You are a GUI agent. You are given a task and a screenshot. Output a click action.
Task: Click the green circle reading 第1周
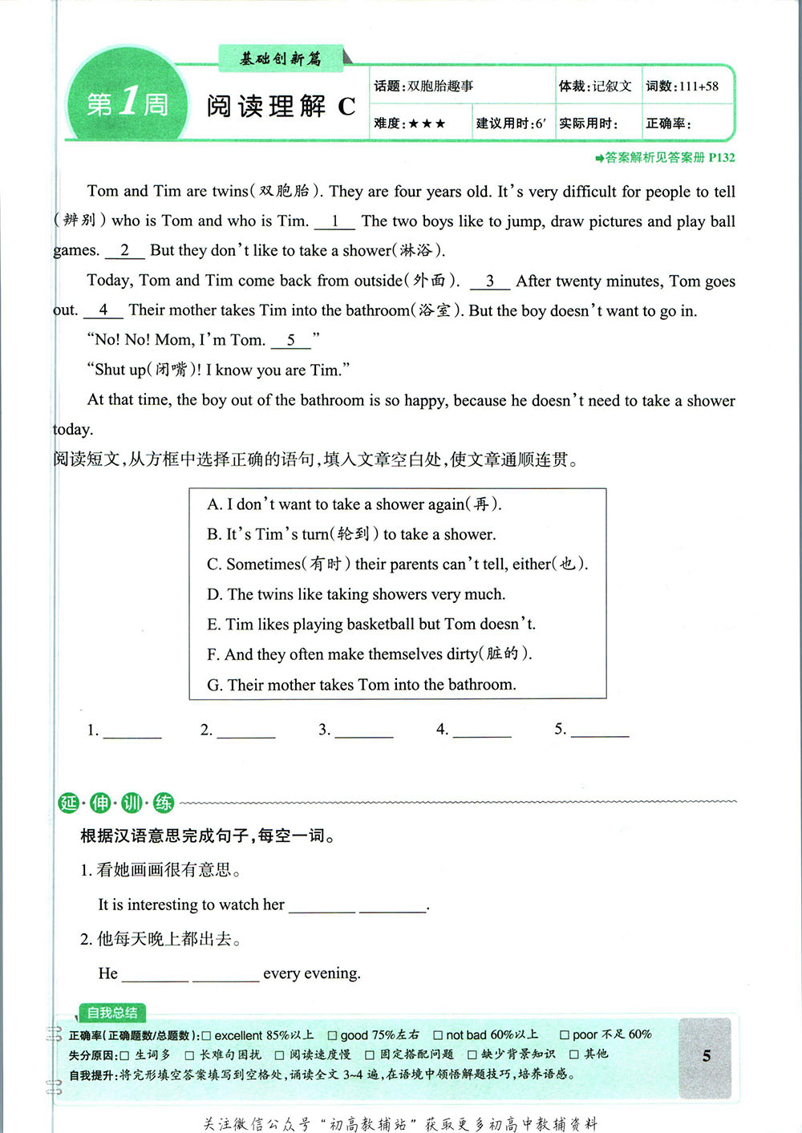[x=127, y=103]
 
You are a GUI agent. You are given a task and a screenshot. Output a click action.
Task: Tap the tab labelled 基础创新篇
[x=281, y=58]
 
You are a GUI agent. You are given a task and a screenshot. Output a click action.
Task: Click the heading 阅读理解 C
[x=280, y=107]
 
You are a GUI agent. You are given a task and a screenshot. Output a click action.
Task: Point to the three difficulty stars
[x=426, y=123]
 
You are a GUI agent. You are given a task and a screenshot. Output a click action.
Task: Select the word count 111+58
[x=699, y=87]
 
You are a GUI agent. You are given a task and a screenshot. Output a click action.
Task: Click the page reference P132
[x=721, y=158]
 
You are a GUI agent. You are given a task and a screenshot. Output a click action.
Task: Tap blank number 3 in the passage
[x=490, y=281]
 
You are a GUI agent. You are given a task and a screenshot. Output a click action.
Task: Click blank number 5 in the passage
[x=290, y=341]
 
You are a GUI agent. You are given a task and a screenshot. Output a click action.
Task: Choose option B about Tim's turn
[x=351, y=534]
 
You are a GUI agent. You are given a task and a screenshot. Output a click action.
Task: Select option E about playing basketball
[x=371, y=624]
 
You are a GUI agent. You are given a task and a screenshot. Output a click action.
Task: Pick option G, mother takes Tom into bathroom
[x=361, y=685]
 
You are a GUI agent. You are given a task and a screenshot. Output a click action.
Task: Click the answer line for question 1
[x=132, y=730]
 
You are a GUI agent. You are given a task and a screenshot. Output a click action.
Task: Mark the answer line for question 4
[x=481, y=730]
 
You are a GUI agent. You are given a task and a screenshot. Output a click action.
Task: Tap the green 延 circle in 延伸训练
[x=69, y=803]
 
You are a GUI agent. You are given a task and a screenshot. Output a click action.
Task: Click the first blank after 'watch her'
[x=322, y=906]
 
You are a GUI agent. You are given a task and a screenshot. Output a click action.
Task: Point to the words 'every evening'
[x=311, y=973]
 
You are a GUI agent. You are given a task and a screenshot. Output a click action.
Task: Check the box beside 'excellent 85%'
[x=207, y=1035]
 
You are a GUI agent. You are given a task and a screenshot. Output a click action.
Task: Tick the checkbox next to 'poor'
[x=565, y=1035]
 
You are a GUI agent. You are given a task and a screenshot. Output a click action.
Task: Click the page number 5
[x=706, y=1056]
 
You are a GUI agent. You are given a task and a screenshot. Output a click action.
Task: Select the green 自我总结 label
[x=112, y=1013]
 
